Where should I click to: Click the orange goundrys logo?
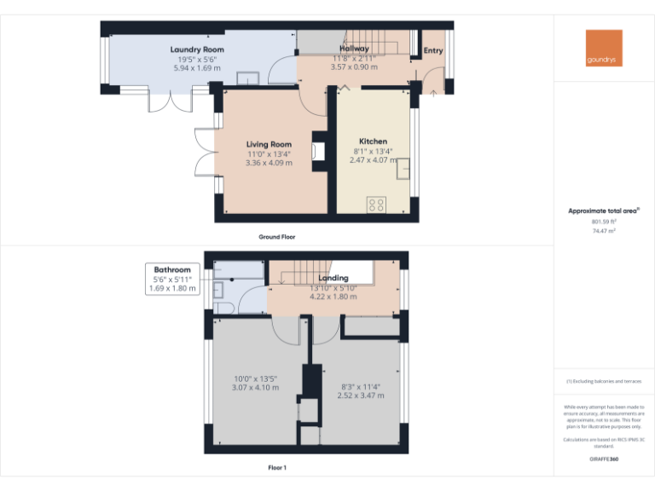coord(604,48)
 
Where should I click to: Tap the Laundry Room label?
coord(197,50)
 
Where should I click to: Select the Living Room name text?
coord(269,144)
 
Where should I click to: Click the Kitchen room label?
coord(373,142)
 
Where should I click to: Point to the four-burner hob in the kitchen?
coord(375,205)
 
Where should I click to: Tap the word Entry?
coord(433,50)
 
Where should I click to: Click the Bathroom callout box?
coord(172,279)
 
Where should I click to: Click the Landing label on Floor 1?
coord(333,279)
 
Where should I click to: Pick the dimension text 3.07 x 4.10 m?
coord(256,387)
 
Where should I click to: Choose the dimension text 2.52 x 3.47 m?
coord(361,395)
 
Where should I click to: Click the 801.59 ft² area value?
coord(604,222)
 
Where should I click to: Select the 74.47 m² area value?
coord(604,230)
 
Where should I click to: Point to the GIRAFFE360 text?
coord(604,459)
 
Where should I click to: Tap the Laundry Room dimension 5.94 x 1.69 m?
coord(197,67)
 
